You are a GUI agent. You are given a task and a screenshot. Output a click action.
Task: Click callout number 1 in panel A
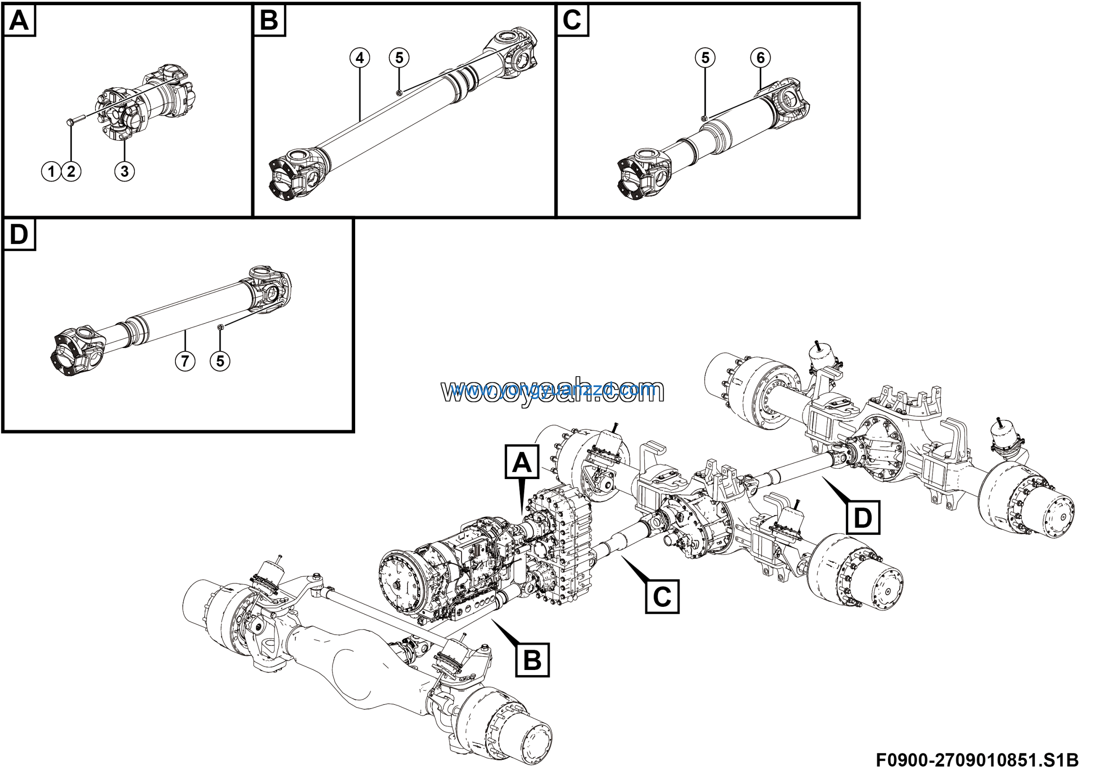tap(51, 171)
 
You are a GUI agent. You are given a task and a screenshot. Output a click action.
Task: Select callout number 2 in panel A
tap(71, 171)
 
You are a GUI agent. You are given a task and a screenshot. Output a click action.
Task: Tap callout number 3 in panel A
tap(124, 171)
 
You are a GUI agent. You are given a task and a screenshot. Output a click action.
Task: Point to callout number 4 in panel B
tap(359, 58)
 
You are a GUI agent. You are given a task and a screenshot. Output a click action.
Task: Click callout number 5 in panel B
tap(399, 58)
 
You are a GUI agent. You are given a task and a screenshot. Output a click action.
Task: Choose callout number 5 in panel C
tap(705, 58)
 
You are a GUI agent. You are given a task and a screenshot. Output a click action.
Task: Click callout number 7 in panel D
tap(185, 361)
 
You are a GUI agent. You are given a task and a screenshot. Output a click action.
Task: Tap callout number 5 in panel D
tap(220, 361)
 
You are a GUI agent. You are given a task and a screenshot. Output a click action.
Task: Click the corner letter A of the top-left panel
tap(19, 21)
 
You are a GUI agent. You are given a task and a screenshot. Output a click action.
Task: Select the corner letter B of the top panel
tap(269, 21)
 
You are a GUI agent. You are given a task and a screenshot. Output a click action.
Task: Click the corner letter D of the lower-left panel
tap(19, 235)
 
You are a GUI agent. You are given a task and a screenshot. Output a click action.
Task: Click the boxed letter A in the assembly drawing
tap(522, 462)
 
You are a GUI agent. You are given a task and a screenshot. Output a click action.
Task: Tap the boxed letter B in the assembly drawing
tap(532, 660)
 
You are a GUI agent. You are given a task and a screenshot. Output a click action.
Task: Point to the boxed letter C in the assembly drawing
tap(662, 597)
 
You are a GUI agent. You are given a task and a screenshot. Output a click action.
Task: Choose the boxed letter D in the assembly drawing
tap(862, 517)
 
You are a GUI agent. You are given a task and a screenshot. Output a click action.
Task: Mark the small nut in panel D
tap(219, 327)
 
